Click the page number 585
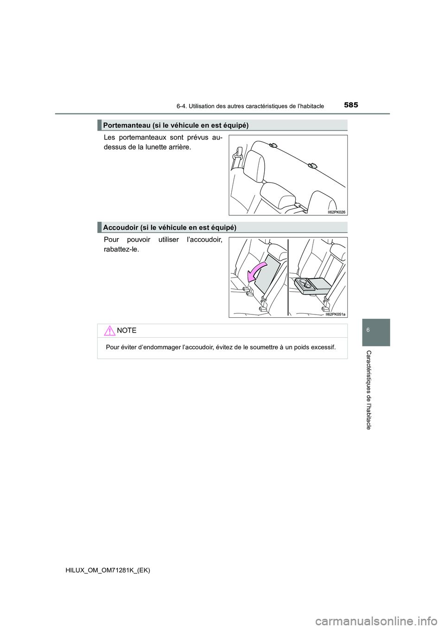(351, 105)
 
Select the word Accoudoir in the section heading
(120, 227)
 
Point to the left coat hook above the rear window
(273, 145)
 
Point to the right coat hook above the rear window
(312, 165)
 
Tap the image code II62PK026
(336, 212)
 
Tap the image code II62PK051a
(335, 314)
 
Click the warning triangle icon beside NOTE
(109, 331)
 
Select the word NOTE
(127, 331)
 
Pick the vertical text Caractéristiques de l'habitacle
(369, 390)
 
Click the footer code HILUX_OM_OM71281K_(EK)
(108, 570)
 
